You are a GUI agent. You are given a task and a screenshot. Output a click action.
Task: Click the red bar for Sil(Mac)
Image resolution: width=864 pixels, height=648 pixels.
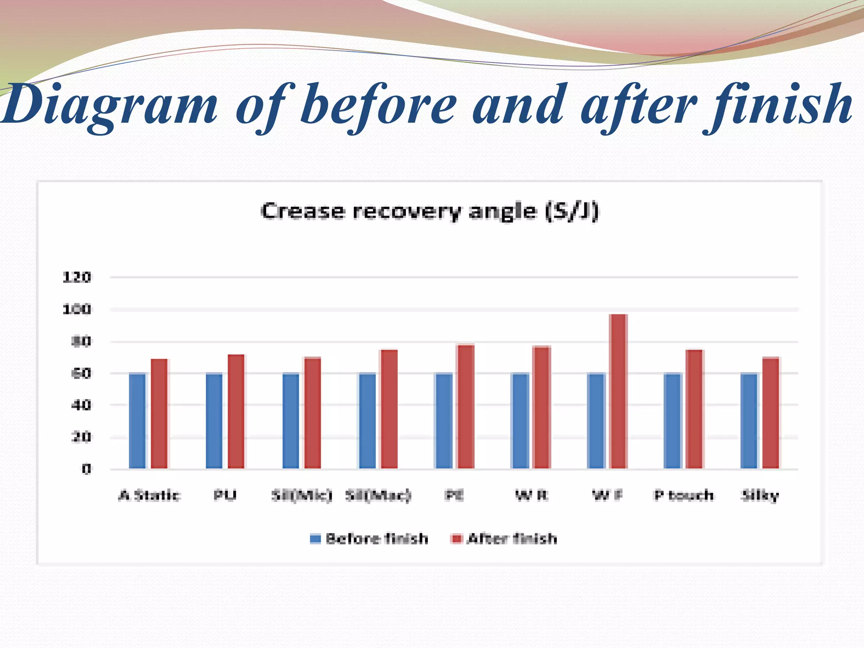click(x=389, y=409)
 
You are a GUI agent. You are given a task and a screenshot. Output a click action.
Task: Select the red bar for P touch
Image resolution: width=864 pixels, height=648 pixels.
click(x=694, y=409)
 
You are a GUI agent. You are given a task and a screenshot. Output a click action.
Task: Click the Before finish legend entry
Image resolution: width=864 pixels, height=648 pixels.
click(x=369, y=539)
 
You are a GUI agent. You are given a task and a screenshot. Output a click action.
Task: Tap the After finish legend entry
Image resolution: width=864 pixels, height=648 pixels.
click(x=504, y=539)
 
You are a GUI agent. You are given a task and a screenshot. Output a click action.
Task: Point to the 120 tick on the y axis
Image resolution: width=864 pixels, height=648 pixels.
click(x=77, y=277)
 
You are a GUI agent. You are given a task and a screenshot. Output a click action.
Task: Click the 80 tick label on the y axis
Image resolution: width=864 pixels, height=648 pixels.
click(x=81, y=341)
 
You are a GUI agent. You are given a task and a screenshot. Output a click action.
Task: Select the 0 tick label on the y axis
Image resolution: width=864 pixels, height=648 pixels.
click(x=86, y=469)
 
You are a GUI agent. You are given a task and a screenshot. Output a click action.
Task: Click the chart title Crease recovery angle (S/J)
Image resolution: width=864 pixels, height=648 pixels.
click(x=429, y=211)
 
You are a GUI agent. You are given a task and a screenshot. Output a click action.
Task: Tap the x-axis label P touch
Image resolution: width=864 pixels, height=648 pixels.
click(x=684, y=495)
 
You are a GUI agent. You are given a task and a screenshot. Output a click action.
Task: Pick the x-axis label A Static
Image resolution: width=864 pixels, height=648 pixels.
click(x=149, y=495)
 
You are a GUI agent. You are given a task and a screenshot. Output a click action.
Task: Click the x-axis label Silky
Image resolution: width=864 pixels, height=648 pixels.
click(x=760, y=495)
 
